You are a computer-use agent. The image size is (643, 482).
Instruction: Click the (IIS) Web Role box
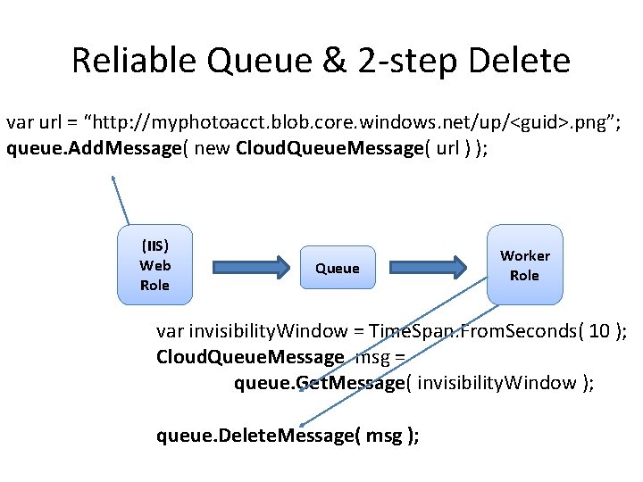point(154,264)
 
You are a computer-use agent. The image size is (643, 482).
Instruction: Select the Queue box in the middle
point(338,268)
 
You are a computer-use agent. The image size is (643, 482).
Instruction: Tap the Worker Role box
point(524,265)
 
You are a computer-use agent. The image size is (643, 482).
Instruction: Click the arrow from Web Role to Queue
point(252,267)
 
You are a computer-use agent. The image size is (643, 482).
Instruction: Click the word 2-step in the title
point(404,61)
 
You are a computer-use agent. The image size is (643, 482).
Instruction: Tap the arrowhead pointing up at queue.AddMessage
point(113,179)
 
